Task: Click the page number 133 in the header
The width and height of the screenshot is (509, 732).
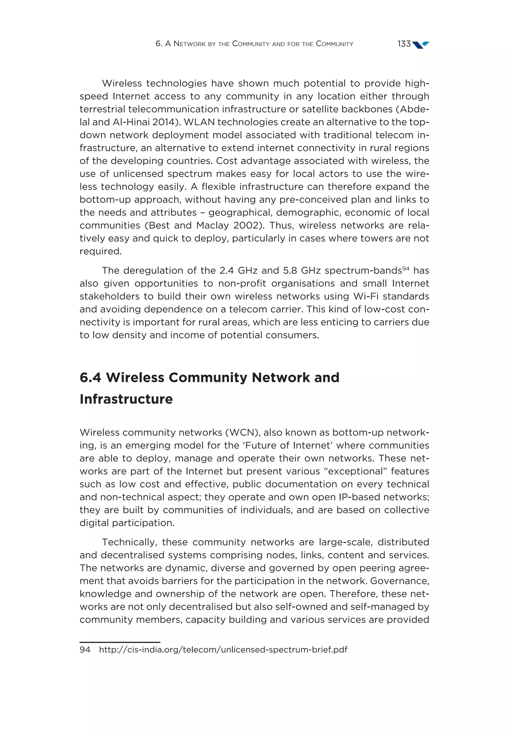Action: (x=404, y=44)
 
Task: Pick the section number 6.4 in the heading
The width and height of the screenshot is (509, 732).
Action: (x=90, y=377)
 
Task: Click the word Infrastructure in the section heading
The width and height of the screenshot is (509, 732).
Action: (x=126, y=399)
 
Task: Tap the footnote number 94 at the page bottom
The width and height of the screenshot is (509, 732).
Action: (x=85, y=649)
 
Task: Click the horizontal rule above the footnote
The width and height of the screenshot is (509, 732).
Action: (x=120, y=642)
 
